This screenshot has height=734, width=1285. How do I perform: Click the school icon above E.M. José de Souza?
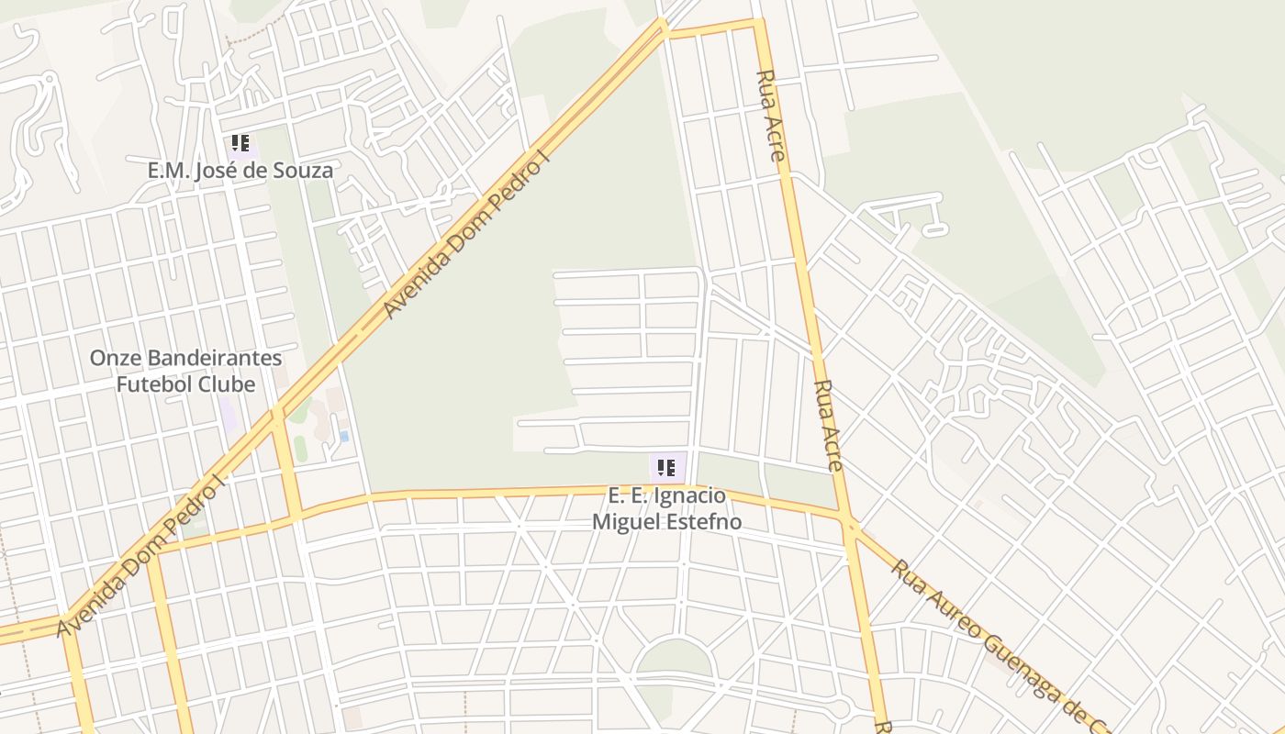240,143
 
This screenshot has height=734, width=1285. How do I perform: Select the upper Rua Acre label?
770,116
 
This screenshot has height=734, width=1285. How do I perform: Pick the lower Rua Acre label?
828,426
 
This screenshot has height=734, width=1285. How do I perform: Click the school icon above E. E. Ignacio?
666,468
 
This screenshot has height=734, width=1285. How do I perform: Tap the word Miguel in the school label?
623,522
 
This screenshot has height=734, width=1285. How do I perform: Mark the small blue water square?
344,437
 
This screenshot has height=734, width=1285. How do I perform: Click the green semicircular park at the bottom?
675,659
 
